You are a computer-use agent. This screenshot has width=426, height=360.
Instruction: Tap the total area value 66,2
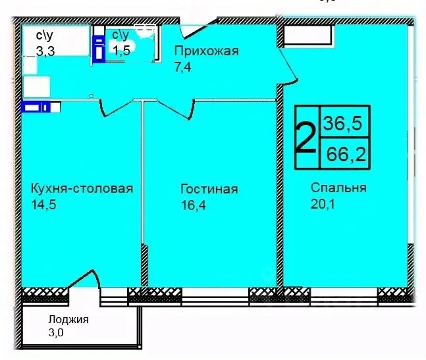[344, 156]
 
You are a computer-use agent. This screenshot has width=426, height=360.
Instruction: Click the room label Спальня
[338, 188]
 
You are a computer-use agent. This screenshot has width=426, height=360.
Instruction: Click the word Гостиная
[209, 190]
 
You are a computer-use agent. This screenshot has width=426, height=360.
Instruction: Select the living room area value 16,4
[193, 205]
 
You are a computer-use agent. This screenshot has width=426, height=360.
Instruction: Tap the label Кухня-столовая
[82, 189]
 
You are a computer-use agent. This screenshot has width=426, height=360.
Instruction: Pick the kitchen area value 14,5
[43, 205]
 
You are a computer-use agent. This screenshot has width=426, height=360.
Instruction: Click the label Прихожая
[206, 51]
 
